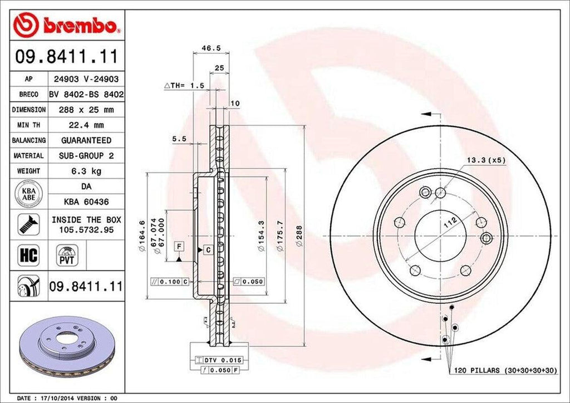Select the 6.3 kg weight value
tap(86, 171)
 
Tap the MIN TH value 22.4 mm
tap(86, 125)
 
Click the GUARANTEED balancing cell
tap(86, 140)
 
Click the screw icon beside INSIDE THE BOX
tap(26, 223)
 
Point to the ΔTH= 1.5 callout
tap(184, 85)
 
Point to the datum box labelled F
tap(179, 245)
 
